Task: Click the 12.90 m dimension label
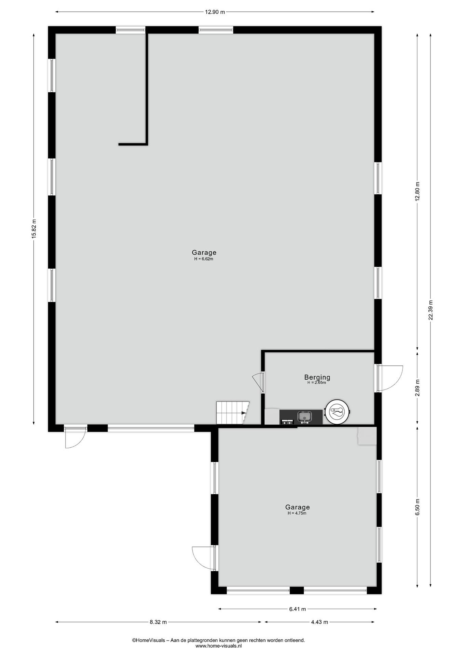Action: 215,12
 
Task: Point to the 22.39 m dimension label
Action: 431,310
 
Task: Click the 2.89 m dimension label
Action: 418,388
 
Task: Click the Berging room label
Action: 317,377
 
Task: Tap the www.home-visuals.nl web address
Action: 219,646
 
